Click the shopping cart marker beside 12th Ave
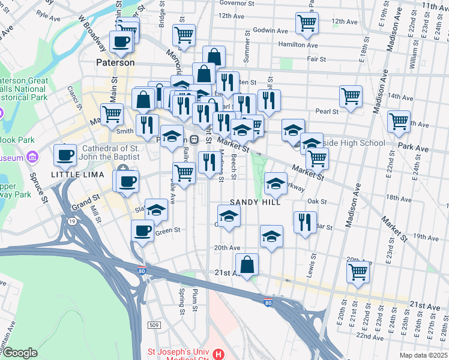coord(307,23)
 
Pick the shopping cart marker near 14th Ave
coord(351,95)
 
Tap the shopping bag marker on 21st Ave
coord(247,264)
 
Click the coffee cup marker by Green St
coord(143,230)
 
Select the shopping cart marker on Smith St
coord(112,114)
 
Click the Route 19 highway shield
coord(72,221)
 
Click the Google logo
coord(20,353)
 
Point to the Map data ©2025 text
coord(423,355)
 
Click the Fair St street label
coord(316,59)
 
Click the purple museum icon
coord(32,158)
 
